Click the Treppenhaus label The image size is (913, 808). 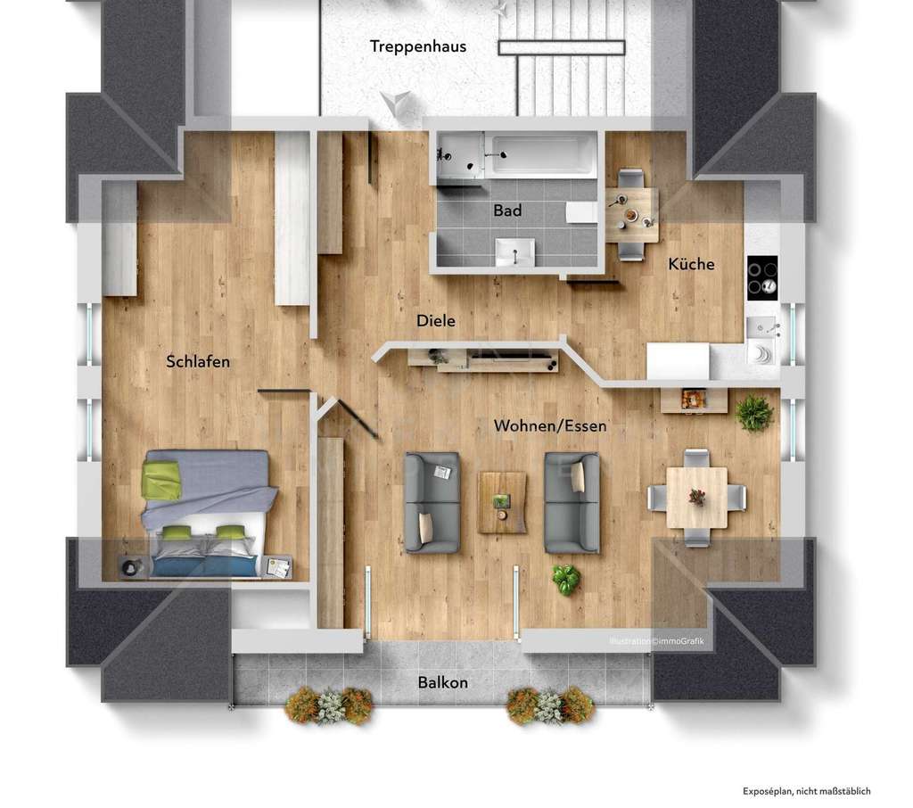[x=418, y=46]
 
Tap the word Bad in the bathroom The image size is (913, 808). [x=507, y=211]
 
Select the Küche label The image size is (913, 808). [x=691, y=264]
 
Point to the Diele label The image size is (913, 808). [x=436, y=321]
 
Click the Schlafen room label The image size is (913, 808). [x=198, y=361]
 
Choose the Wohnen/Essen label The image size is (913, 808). [x=550, y=426]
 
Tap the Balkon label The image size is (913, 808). [x=443, y=683]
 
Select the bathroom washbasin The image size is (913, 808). [x=515, y=251]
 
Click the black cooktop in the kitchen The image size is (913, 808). [x=762, y=277]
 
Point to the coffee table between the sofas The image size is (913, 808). [x=502, y=502]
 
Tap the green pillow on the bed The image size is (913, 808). [x=161, y=482]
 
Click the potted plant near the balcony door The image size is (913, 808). [x=565, y=580]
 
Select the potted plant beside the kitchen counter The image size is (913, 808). [x=754, y=413]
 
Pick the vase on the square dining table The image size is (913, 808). [x=697, y=497]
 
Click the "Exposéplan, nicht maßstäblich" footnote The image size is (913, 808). [x=806, y=791]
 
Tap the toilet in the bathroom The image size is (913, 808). [x=582, y=212]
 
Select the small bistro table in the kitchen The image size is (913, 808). [x=632, y=214]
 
